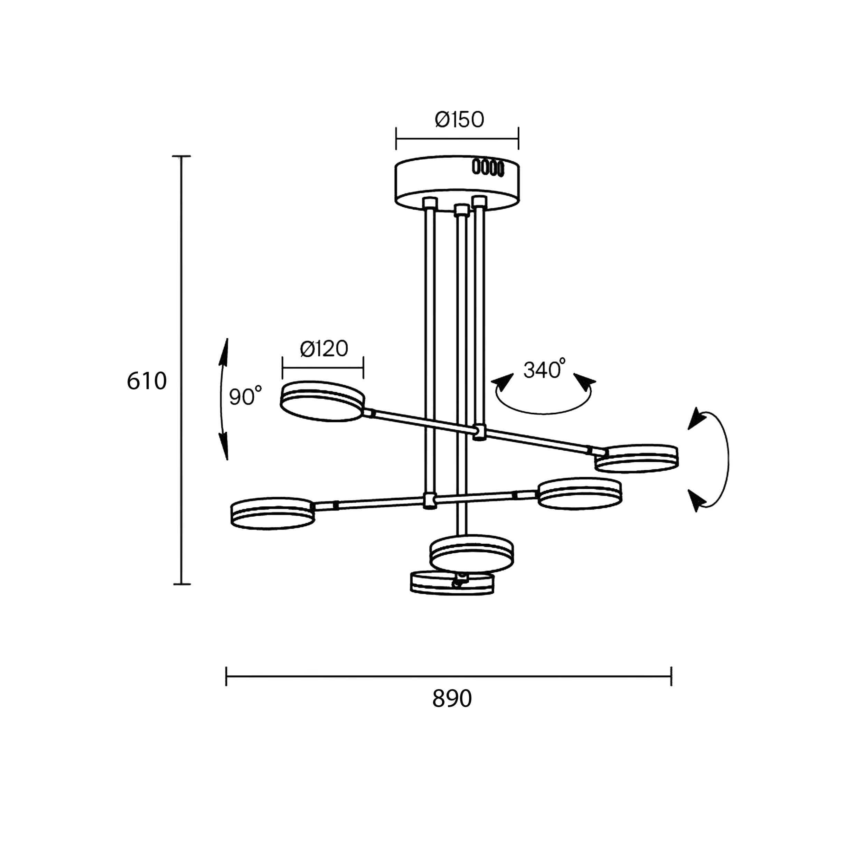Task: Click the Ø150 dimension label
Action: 459,119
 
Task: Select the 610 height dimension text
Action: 147,381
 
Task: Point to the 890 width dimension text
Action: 452,698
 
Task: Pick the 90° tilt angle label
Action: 245,395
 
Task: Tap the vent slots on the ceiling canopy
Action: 488,167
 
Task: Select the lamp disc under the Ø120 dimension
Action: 322,401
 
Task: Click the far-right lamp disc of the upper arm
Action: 636,458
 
